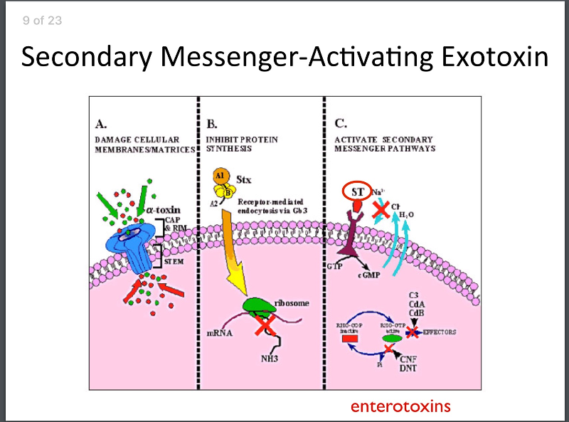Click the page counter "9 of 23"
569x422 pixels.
[x=42, y=21]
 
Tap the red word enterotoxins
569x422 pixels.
[x=400, y=406]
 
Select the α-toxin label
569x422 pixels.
[x=163, y=210]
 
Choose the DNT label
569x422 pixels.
[x=408, y=369]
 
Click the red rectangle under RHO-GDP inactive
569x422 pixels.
[x=351, y=338]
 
